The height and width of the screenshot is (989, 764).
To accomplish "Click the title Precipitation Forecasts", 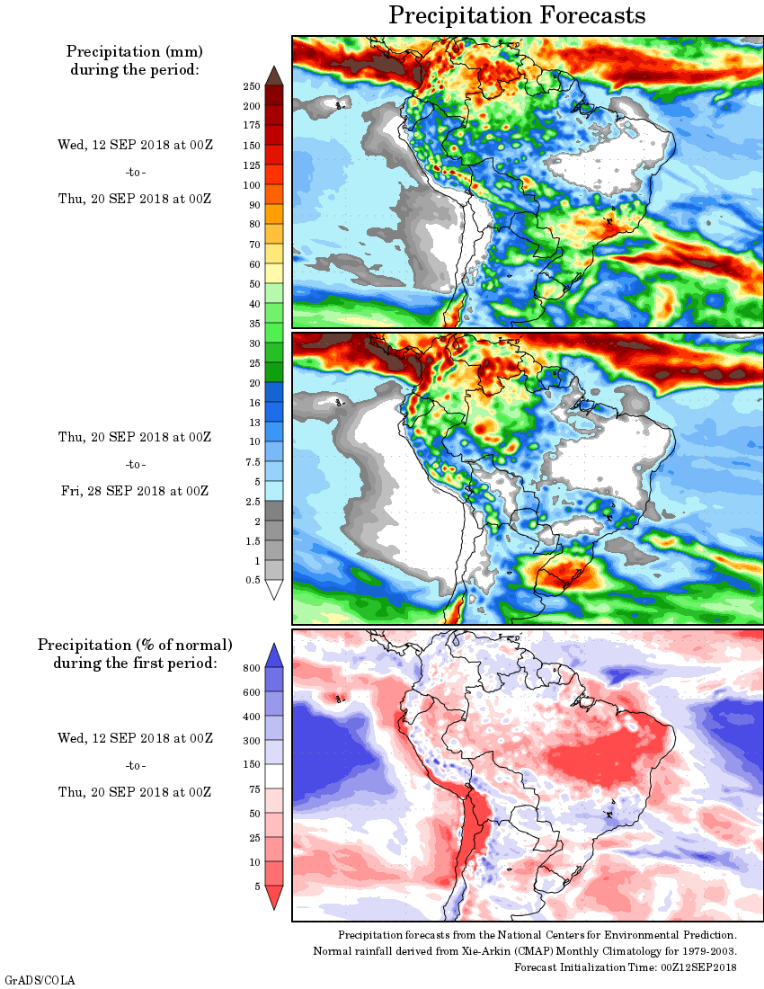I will (x=517, y=15).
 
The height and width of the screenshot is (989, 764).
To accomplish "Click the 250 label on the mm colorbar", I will (x=251, y=86).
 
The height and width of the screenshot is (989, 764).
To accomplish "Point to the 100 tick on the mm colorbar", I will (x=251, y=185).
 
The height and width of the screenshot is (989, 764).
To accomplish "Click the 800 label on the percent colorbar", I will (x=251, y=668).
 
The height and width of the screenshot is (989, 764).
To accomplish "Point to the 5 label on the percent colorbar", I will (x=255, y=887).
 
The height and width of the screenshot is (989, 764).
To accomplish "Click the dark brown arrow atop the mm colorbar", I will (x=274, y=76).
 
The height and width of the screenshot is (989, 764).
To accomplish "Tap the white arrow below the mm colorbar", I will (x=274, y=589).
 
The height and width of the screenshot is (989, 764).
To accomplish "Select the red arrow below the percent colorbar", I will (x=274, y=897).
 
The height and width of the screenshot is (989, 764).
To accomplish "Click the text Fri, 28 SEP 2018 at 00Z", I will (x=134, y=491).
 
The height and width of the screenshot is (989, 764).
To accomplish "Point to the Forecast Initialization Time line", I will (x=625, y=967).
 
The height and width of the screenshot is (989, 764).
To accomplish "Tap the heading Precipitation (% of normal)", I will (x=135, y=645).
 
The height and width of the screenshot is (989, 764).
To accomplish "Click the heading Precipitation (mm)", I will (x=134, y=52).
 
